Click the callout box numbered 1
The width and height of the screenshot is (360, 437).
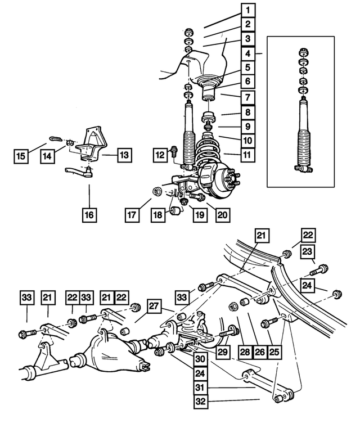click(248, 10)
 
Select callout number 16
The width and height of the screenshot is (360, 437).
click(89, 215)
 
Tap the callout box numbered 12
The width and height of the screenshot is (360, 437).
click(160, 155)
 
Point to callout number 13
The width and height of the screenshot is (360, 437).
click(124, 155)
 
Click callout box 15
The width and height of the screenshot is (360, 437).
click(21, 156)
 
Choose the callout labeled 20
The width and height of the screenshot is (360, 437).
click(223, 215)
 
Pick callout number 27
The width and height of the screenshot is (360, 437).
click(154, 307)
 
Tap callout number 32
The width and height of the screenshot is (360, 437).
click(201, 402)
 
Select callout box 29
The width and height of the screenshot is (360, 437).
click(222, 352)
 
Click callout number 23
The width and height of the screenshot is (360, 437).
click(307, 252)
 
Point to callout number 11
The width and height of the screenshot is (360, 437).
click(247, 155)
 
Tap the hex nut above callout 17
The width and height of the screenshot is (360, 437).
click(156, 192)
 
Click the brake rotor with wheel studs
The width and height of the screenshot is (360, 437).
click(219, 181)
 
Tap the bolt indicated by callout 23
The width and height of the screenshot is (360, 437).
click(318, 270)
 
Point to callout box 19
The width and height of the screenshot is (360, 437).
click(200, 215)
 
